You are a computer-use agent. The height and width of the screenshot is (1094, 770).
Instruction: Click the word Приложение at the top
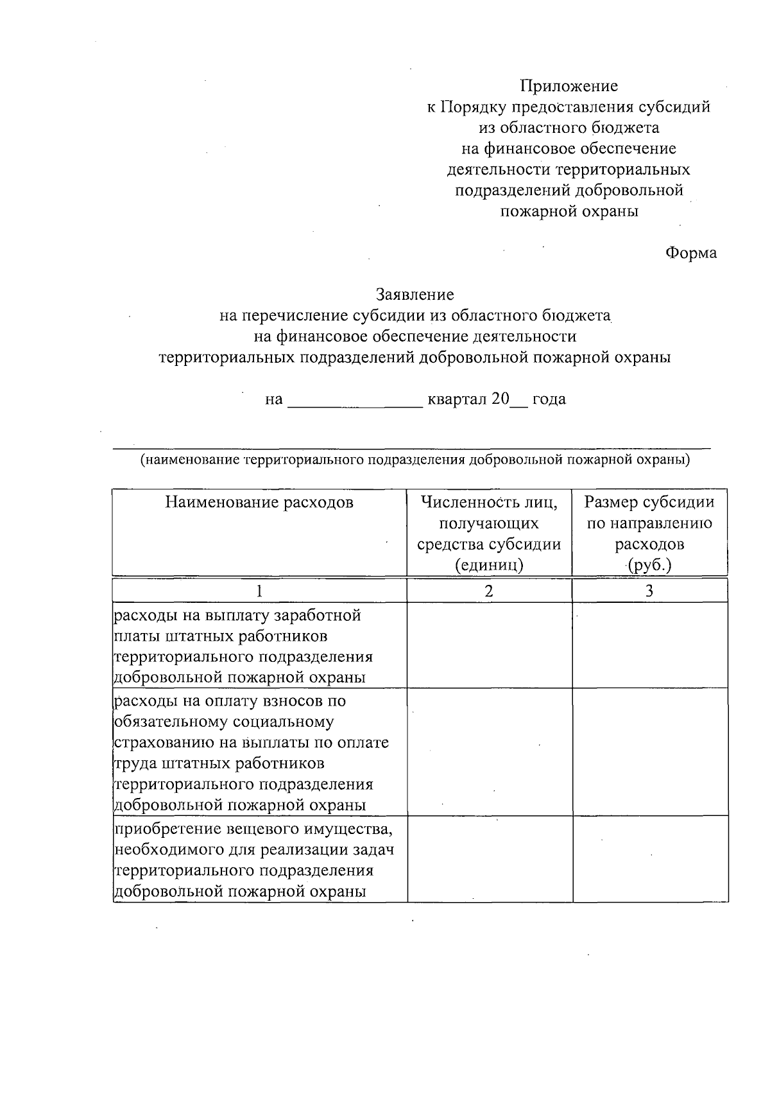(569, 86)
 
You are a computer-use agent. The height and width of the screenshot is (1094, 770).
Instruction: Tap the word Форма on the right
(690, 253)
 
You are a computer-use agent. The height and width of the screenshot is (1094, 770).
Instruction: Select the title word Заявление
(415, 295)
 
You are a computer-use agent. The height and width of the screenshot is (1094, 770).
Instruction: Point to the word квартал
(458, 399)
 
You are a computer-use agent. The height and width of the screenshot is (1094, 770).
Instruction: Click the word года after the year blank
(549, 399)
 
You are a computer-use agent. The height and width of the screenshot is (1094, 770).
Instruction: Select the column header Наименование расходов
(259, 502)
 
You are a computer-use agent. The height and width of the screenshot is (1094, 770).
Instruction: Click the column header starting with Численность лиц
(489, 533)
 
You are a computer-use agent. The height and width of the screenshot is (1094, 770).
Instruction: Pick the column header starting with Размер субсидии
(649, 533)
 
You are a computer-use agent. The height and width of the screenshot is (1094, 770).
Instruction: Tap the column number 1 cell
(259, 591)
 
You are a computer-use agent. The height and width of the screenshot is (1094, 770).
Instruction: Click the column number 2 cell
(489, 591)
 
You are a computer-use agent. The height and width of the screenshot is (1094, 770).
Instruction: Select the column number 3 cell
(649, 591)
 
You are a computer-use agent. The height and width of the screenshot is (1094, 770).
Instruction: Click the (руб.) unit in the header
(649, 566)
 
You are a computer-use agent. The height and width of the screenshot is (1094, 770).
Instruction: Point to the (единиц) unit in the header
(489, 566)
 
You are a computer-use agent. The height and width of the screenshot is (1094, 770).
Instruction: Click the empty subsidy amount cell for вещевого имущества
(650, 859)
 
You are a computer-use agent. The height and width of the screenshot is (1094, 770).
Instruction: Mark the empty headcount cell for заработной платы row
(489, 645)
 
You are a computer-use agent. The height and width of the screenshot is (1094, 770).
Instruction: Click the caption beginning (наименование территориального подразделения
(415, 460)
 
